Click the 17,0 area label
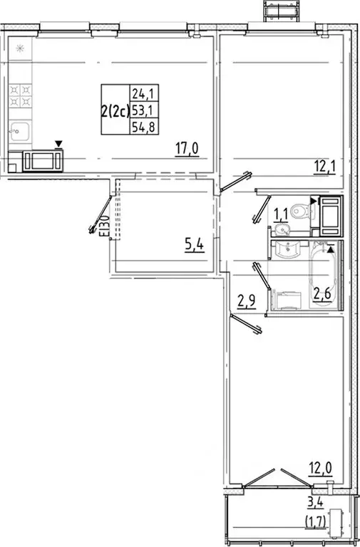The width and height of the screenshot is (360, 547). click(187, 149)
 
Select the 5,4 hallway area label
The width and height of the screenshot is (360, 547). click(193, 246)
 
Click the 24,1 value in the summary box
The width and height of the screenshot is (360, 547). click(141, 92)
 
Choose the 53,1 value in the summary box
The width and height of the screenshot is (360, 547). click(141, 110)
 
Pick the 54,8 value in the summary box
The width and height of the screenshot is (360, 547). click(141, 127)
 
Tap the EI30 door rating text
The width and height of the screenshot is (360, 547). click(103, 226)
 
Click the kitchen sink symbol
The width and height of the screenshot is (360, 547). click(20, 132)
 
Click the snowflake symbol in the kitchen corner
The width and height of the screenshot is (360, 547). click(19, 48)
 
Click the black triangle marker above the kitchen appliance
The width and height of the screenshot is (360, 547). click(59, 144)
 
